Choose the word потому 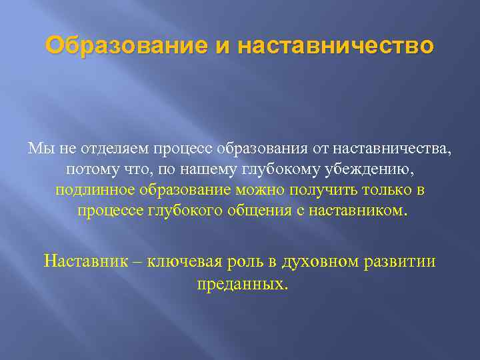89,169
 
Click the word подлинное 95,190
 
